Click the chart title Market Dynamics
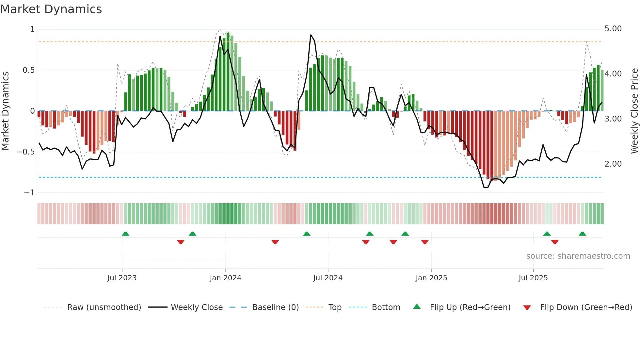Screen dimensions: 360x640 51,9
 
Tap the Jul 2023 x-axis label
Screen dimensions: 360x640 122,278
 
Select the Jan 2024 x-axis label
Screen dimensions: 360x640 225,278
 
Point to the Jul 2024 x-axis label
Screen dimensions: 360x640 328,278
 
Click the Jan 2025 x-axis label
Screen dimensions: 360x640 431,278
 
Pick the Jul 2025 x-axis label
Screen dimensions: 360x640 533,278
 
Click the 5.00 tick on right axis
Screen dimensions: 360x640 613,29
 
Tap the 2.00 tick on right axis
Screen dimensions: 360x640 613,164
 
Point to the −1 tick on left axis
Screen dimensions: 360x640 29,193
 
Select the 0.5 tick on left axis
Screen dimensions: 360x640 28,70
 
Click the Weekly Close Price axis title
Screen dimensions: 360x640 634,111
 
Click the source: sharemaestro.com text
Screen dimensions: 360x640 578,256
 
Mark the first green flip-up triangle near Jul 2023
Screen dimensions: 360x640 125,234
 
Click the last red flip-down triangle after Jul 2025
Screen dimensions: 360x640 555,242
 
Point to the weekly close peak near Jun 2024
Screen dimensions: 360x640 311,35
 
